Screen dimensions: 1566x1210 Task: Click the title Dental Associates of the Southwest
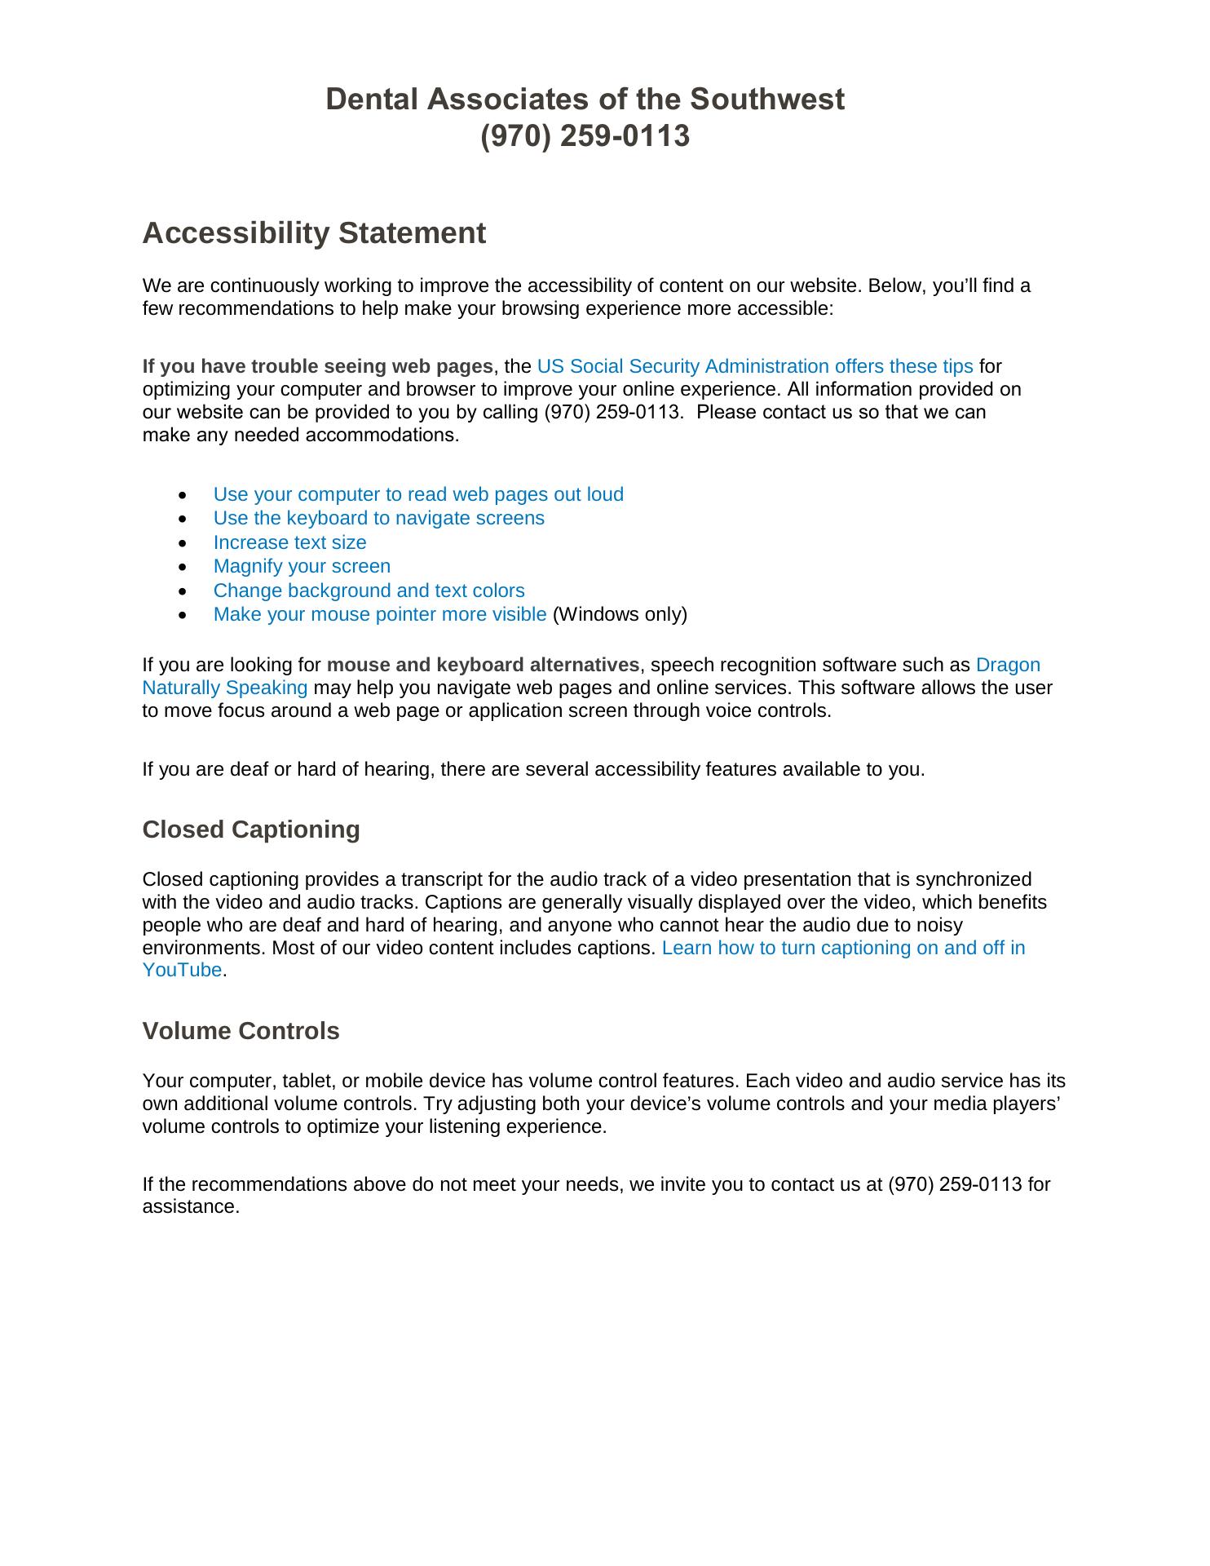(x=585, y=100)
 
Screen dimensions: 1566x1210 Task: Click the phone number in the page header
(x=585, y=136)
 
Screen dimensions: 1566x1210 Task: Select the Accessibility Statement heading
(x=314, y=233)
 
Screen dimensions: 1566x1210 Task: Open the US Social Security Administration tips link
(x=754, y=366)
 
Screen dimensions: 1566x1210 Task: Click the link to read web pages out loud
(x=418, y=494)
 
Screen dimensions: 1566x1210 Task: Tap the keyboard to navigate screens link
(x=378, y=518)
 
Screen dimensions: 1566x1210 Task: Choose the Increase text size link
(x=289, y=542)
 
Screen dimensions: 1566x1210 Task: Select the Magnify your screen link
(x=302, y=566)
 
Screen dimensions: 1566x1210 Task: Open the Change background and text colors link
(x=369, y=591)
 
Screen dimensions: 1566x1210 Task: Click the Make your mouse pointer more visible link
(x=379, y=614)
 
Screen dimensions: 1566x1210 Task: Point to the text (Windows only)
(x=620, y=614)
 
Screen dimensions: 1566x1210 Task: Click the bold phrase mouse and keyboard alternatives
(x=483, y=665)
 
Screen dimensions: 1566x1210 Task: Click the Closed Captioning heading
(x=251, y=829)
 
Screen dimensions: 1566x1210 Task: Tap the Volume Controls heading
(x=241, y=1031)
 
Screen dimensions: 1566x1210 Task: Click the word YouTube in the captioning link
(x=182, y=970)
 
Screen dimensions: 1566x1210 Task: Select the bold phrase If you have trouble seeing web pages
(x=317, y=366)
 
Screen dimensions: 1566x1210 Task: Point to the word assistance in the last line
(x=190, y=1206)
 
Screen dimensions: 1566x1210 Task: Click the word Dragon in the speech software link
(x=1008, y=665)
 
